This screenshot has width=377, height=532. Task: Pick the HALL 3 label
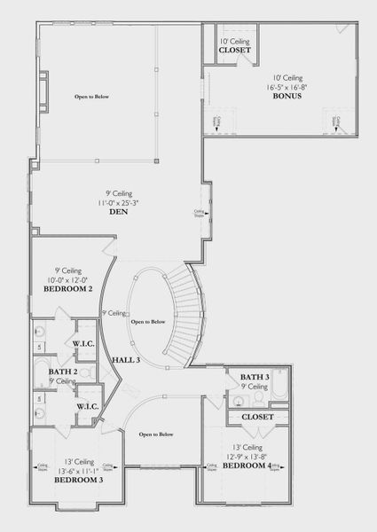pyautogui.click(x=126, y=359)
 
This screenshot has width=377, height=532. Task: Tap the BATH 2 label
pyautogui.click(x=63, y=371)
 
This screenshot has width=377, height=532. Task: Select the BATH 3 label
pyautogui.click(x=255, y=378)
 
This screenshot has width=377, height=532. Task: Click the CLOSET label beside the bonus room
pyautogui.click(x=235, y=51)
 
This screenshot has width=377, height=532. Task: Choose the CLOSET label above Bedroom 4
pyautogui.click(x=256, y=416)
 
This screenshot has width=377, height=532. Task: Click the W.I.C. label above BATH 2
pyautogui.click(x=85, y=345)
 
